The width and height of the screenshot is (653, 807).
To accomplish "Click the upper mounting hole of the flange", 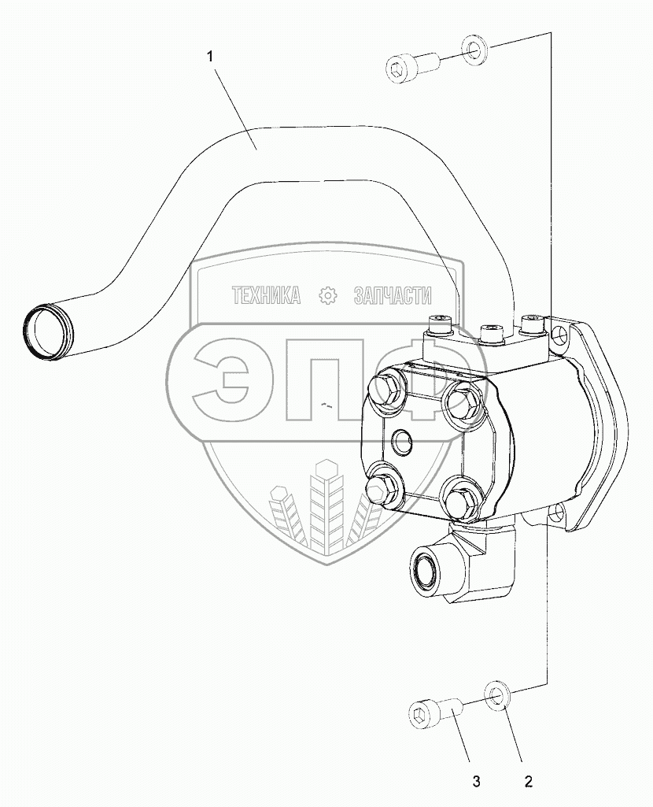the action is (x=559, y=338).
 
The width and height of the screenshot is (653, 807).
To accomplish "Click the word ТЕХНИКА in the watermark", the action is (x=266, y=295).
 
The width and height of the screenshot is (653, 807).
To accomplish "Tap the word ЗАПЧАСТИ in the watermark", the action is (x=393, y=295).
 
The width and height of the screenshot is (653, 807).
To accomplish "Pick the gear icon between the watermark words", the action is (x=327, y=295).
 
